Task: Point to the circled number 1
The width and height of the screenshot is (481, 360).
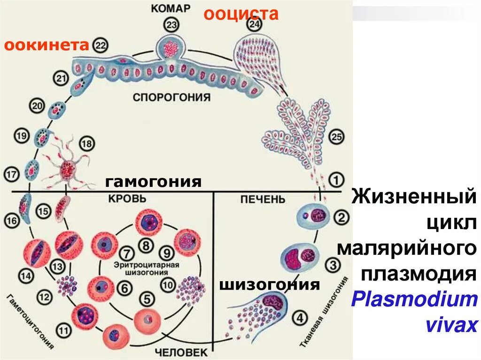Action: click(335, 179)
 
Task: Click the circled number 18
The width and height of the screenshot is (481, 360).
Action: click(86, 143)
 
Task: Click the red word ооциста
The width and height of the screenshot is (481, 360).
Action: click(241, 14)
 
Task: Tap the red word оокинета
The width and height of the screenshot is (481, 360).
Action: click(47, 45)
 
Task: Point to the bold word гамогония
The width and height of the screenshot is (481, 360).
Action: click(153, 182)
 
